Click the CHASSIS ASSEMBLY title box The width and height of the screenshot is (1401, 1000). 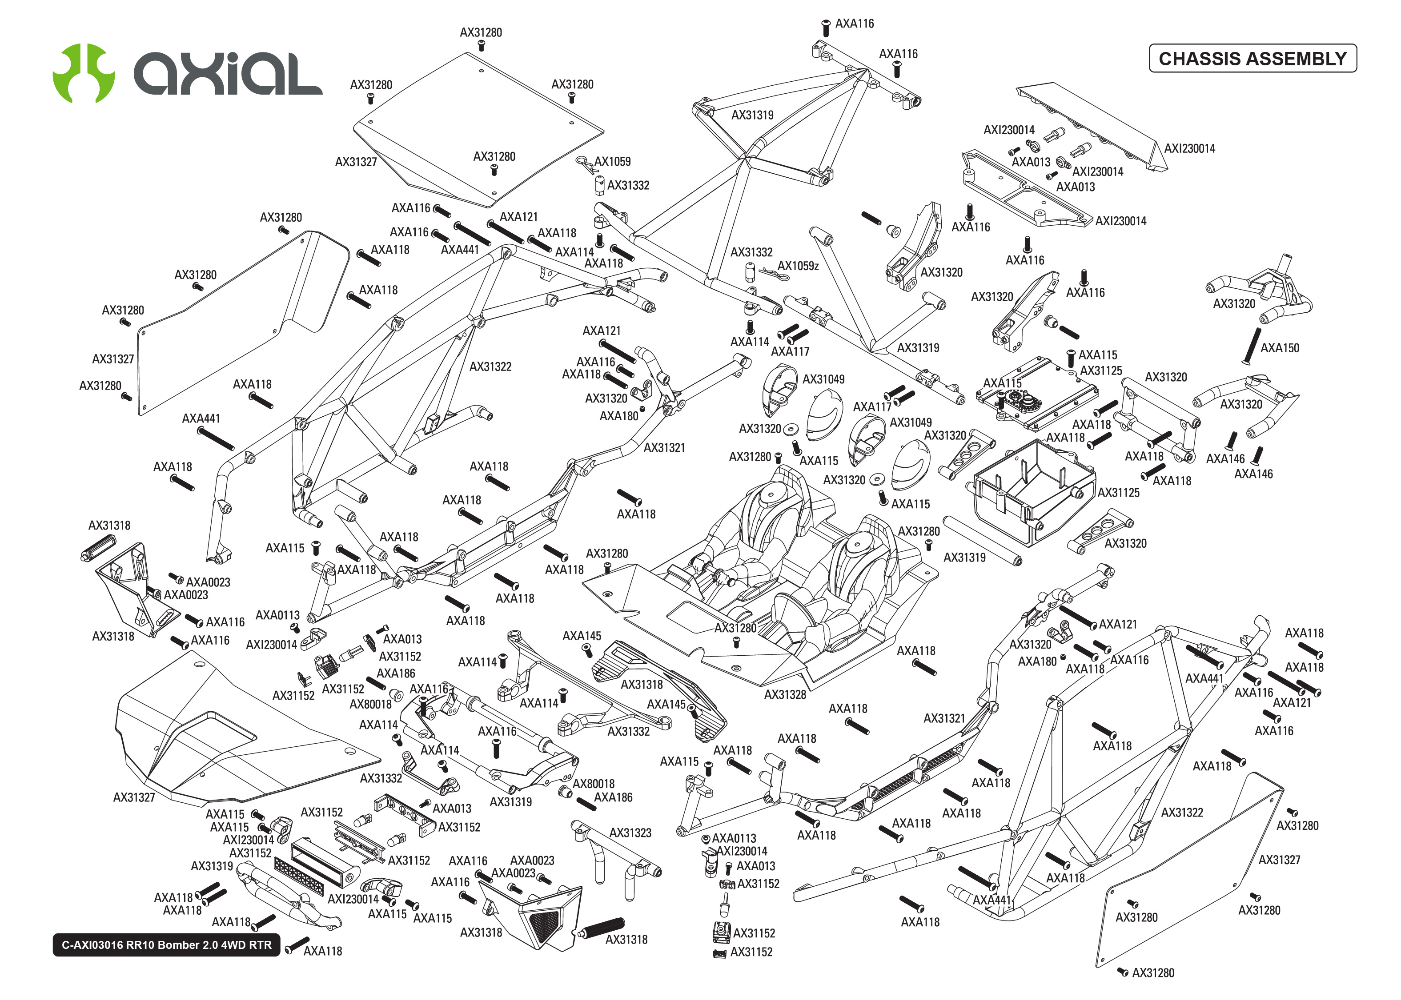(1252, 59)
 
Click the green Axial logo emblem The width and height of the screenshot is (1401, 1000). (83, 73)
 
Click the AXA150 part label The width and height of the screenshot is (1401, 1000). (1279, 348)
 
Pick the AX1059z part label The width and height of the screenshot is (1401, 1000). (798, 266)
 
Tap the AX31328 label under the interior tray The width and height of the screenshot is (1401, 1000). (784, 695)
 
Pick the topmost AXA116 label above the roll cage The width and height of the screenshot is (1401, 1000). (854, 24)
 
